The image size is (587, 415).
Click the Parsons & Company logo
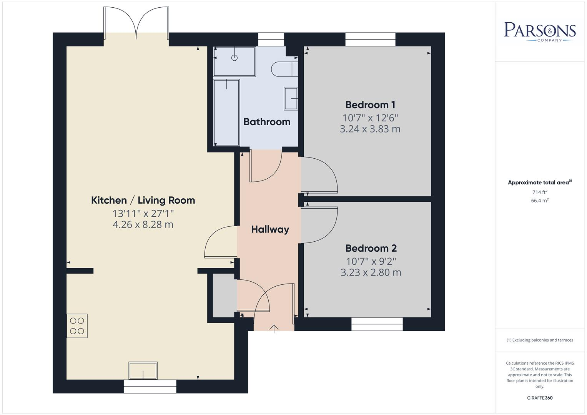click(540, 31)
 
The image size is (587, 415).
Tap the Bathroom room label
click(267, 122)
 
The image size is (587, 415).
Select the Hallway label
click(270, 229)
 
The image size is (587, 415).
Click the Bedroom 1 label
click(370, 105)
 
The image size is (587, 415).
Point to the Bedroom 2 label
click(371, 248)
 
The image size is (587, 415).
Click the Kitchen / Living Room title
click(143, 200)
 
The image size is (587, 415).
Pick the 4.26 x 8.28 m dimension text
click(143, 224)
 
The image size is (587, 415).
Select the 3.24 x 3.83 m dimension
click(370, 129)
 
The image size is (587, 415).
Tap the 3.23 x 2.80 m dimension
click(371, 272)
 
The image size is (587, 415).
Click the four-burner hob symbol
click(77, 326)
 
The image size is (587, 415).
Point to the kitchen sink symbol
click(143, 371)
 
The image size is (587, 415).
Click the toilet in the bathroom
click(284, 69)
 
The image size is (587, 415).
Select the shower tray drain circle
click(234, 58)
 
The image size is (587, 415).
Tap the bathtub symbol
click(226, 113)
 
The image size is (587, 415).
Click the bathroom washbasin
click(291, 98)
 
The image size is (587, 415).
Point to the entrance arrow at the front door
click(274, 329)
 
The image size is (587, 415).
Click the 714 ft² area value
click(540, 192)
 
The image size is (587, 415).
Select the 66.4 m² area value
click(540, 201)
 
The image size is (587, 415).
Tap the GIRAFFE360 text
click(540, 398)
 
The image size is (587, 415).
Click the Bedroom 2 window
click(377, 324)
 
